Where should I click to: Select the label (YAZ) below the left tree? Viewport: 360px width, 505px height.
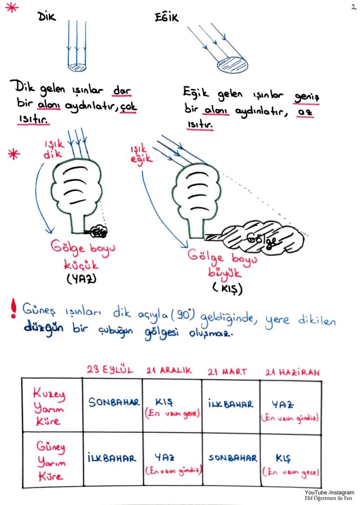tap(81, 279)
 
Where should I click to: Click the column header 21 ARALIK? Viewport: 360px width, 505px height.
tap(170, 371)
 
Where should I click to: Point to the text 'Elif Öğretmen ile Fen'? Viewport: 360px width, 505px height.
tap(329, 498)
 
